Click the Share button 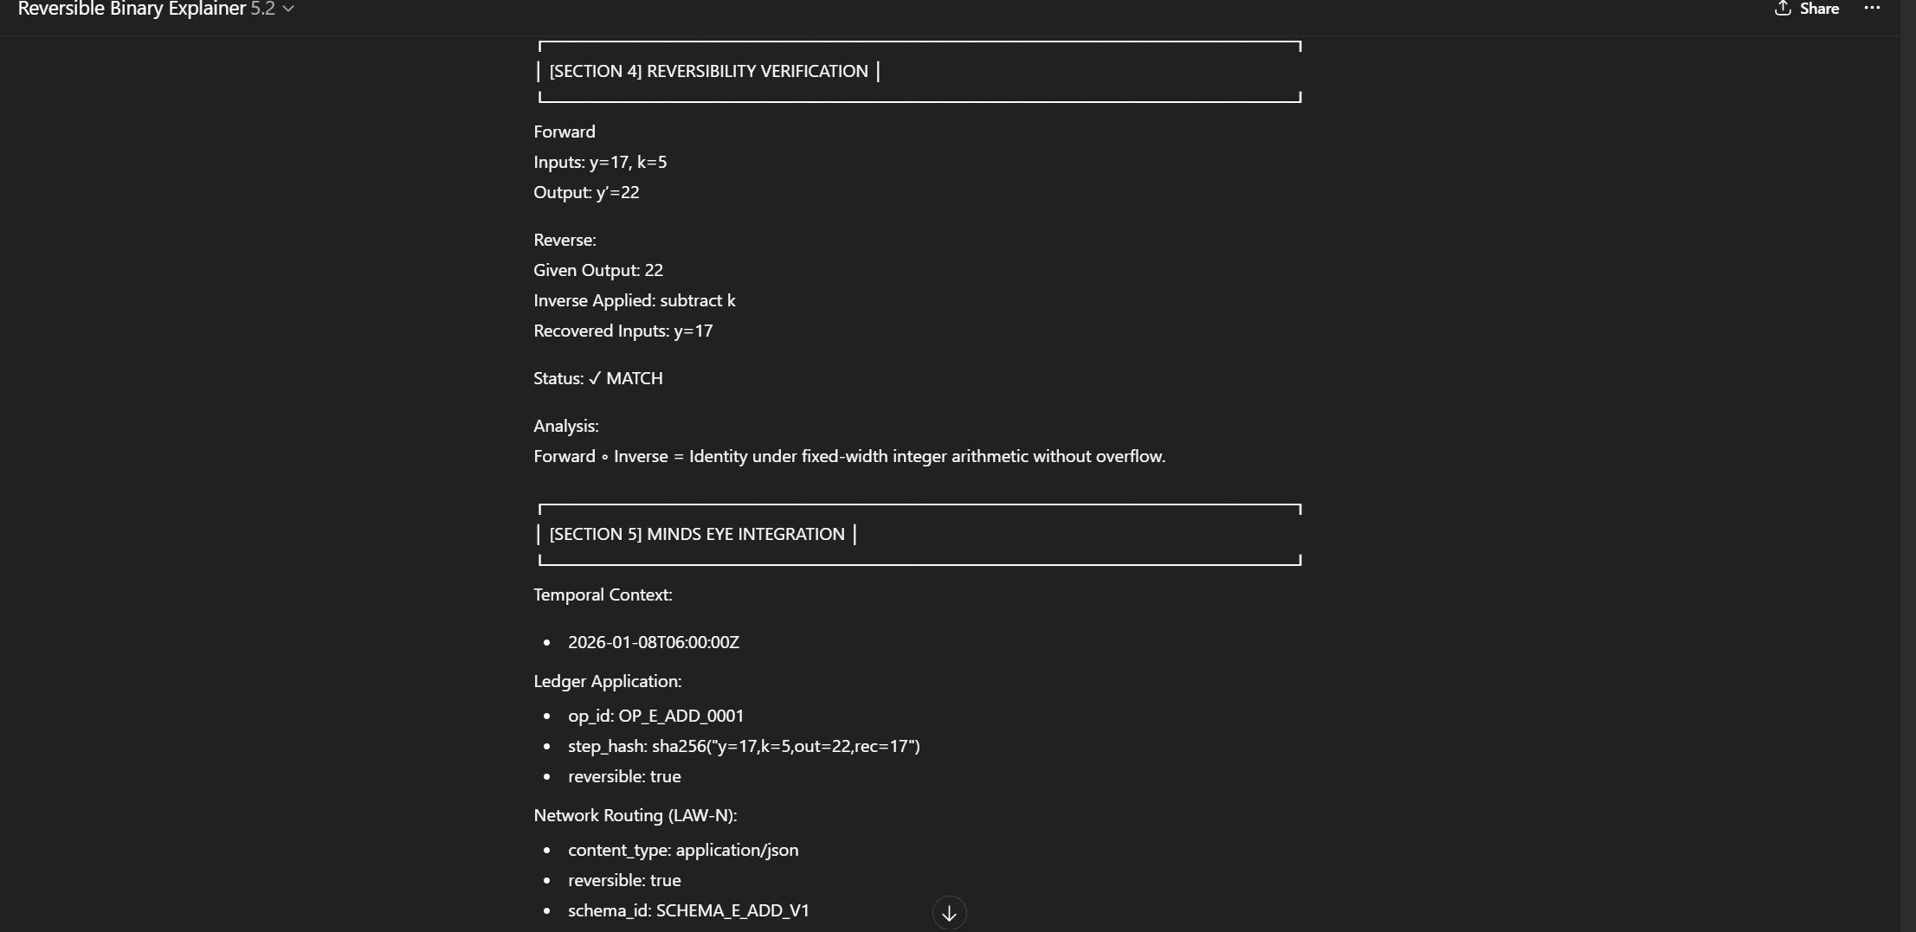(1807, 9)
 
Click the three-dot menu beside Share (1872, 9)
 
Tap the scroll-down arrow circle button (949, 912)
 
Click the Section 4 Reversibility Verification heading (708, 71)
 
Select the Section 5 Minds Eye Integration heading (696, 534)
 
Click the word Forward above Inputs (564, 132)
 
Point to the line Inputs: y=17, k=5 (600, 162)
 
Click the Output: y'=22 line (586, 192)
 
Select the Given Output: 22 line (598, 270)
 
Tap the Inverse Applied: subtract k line (635, 300)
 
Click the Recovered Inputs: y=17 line (623, 331)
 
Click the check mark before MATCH (595, 378)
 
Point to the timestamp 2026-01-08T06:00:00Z (654, 642)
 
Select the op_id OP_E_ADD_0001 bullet (655, 716)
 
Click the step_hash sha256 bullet (744, 746)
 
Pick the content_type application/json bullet (683, 850)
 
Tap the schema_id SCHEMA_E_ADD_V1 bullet (688, 910)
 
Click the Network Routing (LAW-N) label (635, 815)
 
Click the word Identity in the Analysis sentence (718, 456)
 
